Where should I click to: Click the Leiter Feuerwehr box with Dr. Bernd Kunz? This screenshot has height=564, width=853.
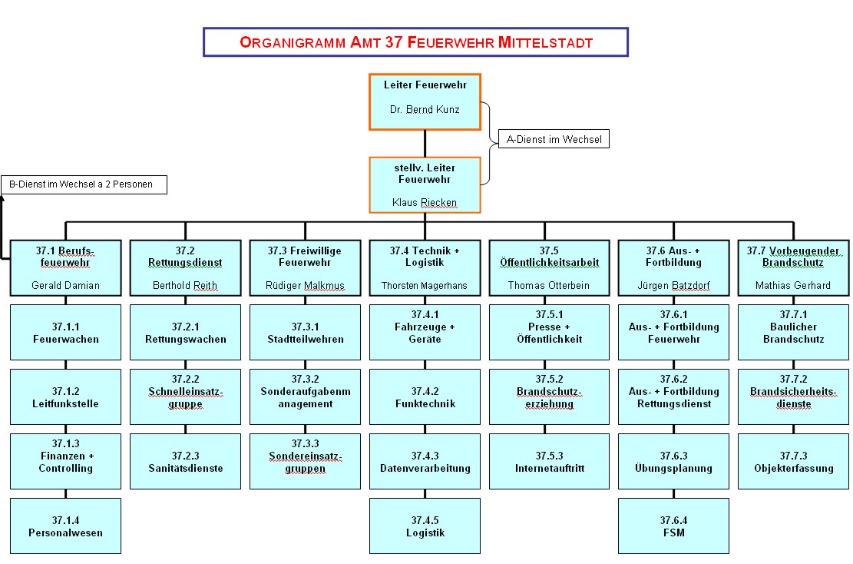click(425, 101)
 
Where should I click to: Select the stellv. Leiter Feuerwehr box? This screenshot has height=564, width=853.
click(425, 185)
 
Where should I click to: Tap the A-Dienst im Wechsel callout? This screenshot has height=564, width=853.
click(553, 139)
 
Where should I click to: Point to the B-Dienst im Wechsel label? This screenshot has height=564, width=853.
click(84, 184)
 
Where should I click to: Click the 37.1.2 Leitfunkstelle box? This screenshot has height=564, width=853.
click(65, 397)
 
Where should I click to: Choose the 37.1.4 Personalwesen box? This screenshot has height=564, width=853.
click(65, 526)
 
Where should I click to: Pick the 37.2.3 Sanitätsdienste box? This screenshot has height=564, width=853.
click(185, 462)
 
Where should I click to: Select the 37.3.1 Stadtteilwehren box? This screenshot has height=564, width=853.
click(305, 333)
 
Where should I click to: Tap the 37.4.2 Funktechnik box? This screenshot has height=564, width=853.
click(425, 397)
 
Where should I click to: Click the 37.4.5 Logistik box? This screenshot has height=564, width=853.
click(425, 526)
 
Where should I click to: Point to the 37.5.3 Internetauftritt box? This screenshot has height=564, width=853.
click(544, 462)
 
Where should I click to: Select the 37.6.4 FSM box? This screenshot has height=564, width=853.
click(673, 526)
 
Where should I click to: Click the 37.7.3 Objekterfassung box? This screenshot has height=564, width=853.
click(793, 462)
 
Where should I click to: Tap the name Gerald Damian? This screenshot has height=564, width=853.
click(65, 286)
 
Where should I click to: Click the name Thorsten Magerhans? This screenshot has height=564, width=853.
click(425, 286)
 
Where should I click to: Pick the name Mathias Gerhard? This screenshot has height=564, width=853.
click(793, 286)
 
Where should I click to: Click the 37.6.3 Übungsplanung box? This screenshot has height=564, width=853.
click(673, 462)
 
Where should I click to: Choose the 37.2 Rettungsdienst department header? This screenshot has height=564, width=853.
click(185, 257)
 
